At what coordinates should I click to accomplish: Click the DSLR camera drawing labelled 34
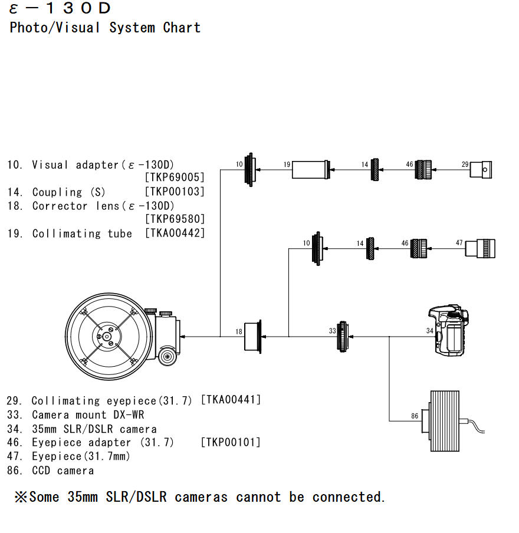coord(449,330)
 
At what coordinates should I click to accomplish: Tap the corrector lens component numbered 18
coord(253,337)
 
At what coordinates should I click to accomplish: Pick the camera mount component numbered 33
coord(343,337)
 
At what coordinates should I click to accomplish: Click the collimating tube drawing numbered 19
coord(311,170)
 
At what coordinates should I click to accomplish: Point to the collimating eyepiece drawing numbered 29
coord(481,170)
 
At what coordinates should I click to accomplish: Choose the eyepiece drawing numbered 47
coord(480,248)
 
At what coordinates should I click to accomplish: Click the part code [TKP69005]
coord(175,177)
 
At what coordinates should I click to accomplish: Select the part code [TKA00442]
coord(175,233)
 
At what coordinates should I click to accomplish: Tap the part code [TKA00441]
coord(231,399)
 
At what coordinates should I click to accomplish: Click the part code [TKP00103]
coord(175,192)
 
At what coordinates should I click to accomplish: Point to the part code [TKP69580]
coord(175,219)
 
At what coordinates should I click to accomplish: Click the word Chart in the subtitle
coord(182,28)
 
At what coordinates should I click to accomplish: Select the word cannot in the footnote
coord(258,497)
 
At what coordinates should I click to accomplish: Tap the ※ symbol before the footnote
coord(21,497)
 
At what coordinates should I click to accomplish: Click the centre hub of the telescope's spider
coord(107,337)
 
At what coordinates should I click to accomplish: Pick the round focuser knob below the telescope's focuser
coord(167,356)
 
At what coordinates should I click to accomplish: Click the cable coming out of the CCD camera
coord(473,426)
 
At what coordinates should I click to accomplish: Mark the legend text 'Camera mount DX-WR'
coord(88,414)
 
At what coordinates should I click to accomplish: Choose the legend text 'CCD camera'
coord(63,471)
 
